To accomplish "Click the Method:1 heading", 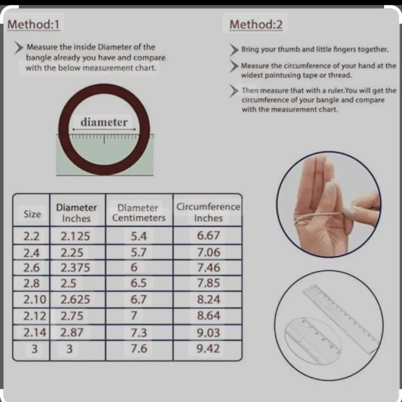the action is (x=33, y=24).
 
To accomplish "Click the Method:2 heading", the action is (x=256, y=24).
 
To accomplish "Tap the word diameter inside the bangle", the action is (x=104, y=122).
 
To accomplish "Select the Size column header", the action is (x=32, y=214).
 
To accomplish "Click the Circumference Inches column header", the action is (x=208, y=212).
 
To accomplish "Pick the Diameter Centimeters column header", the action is (x=138, y=213).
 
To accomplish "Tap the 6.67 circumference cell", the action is (x=208, y=236).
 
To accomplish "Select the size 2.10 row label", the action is (x=35, y=299).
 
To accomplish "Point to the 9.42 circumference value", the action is (x=208, y=349).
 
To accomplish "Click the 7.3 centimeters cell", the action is (x=139, y=333).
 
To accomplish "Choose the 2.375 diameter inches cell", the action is (x=75, y=268).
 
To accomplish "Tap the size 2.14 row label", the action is (x=35, y=332).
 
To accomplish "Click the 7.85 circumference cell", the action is (x=209, y=283).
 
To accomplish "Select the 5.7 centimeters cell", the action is (x=139, y=253).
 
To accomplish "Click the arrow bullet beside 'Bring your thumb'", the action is (x=234, y=50).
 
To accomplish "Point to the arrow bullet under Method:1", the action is (x=19, y=48).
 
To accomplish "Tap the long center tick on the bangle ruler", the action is (x=104, y=139).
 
